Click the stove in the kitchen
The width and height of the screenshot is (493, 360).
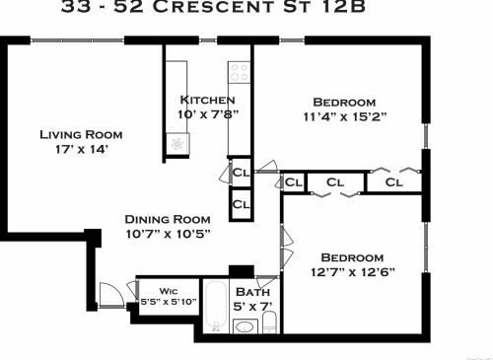239,72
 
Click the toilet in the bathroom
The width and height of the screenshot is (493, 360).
269,321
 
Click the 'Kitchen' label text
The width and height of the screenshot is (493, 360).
207,100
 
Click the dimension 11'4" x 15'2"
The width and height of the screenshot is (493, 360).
344,117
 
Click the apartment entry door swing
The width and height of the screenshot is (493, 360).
111,293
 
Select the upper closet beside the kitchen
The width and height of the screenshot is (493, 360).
241,172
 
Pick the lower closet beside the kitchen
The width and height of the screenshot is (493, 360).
241,204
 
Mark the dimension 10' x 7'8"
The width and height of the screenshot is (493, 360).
207,114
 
